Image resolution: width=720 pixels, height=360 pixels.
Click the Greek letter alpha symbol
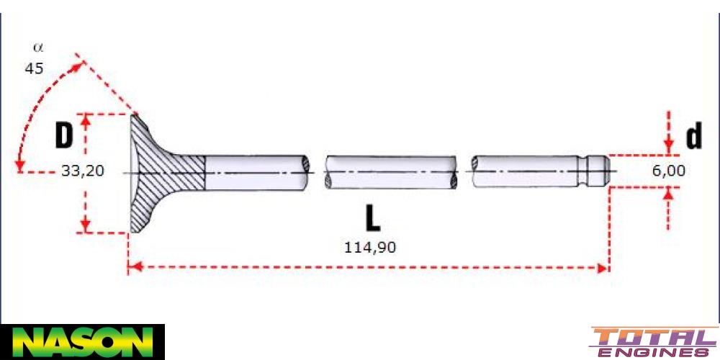[38, 48]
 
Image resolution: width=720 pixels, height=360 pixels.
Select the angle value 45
[34, 69]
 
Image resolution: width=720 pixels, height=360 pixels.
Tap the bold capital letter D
[65, 135]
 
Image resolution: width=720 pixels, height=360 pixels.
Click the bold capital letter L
[372, 217]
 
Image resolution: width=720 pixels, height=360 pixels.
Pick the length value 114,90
[370, 247]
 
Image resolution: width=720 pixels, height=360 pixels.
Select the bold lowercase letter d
[693, 136]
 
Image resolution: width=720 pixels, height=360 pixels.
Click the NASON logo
[83, 341]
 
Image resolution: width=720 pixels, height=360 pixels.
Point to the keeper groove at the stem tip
[592, 172]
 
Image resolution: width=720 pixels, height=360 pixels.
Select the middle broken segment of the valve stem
[390, 172]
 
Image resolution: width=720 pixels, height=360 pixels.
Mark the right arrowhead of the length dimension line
[603, 269]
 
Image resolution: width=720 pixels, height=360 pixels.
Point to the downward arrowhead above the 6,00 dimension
[669, 148]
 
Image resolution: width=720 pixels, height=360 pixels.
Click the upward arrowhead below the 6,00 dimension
[669, 192]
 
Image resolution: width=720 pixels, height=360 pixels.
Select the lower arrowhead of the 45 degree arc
[20, 167]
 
